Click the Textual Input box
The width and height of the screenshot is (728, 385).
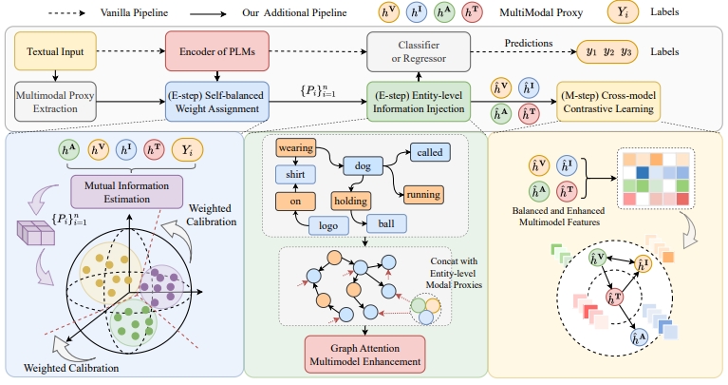click(55, 51)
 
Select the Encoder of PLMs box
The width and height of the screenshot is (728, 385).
click(216, 51)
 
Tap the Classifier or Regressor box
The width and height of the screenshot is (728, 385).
click(419, 51)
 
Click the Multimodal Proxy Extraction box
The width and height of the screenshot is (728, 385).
click(55, 102)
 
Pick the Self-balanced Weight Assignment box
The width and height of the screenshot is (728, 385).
click(216, 102)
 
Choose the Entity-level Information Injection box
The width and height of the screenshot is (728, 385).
click(419, 102)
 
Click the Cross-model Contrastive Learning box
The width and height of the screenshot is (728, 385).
click(608, 102)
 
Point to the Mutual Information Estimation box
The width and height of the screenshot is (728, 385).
click(127, 192)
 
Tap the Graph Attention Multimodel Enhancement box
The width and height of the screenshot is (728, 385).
click(364, 355)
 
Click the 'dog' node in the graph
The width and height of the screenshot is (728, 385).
click(363, 166)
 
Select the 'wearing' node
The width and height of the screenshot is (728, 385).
click(296, 148)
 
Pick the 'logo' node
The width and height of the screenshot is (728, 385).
click(328, 225)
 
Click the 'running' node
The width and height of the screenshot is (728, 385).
click(423, 195)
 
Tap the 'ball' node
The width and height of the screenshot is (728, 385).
click(386, 223)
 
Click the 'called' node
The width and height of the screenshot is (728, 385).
click(430, 152)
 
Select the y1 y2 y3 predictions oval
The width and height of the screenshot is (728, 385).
click(607, 51)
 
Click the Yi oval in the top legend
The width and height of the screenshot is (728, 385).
click(623, 12)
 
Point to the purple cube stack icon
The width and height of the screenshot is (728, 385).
click(36, 233)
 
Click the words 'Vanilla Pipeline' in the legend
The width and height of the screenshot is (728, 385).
click(134, 12)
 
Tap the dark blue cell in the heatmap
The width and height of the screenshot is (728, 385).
click(643, 173)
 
